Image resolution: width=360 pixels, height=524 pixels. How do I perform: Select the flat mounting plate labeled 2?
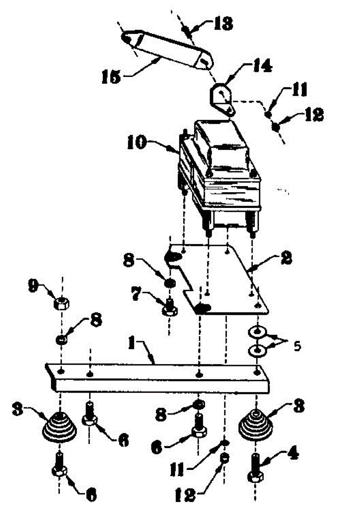[x=227, y=279]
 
